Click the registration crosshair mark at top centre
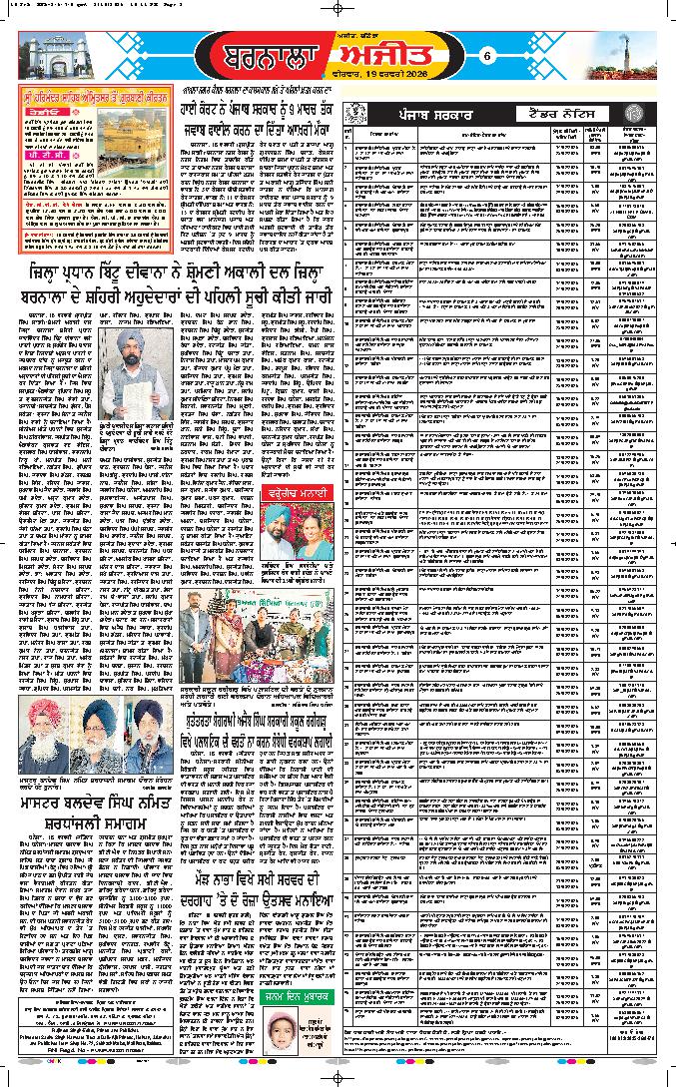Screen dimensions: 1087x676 pos(338,9)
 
